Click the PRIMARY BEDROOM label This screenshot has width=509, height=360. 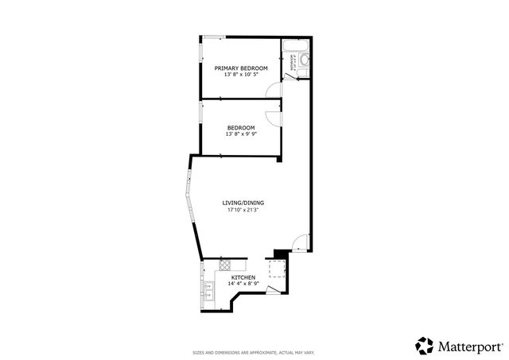coord(241,68)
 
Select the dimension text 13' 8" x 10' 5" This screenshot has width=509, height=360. coord(241,75)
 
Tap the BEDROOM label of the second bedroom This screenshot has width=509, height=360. coord(241,128)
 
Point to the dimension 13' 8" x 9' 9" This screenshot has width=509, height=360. coord(241,134)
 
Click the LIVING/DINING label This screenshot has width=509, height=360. coord(242,203)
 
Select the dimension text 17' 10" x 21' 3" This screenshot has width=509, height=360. coord(242,211)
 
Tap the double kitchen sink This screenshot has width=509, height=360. coord(208,290)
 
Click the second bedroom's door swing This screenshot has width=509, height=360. coord(274,116)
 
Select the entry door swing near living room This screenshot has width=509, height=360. coord(297,244)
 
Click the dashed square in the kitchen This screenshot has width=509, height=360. coord(278,267)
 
